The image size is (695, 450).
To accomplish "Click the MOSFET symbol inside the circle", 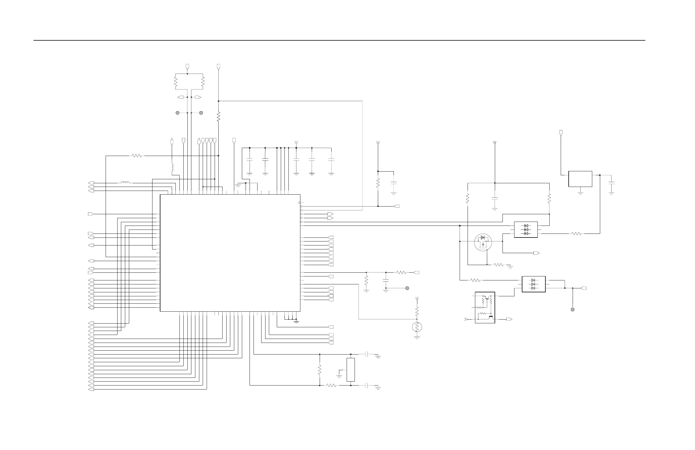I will pos(483,242).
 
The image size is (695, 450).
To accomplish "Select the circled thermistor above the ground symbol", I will pos(417,327).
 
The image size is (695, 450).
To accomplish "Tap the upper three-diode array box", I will pos(526,230).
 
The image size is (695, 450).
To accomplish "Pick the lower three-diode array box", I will pos(533,284).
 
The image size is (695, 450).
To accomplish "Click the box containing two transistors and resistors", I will pos(485,307).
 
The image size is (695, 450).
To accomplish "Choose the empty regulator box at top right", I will pos(580,179).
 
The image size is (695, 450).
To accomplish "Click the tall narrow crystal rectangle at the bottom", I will pos(351,370).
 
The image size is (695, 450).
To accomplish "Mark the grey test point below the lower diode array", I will pos(573,309).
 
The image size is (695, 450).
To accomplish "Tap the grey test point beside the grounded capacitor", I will pos(407,288).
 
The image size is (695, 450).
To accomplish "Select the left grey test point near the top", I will pos(177,113).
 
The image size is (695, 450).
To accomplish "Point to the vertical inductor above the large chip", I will pos(172,167).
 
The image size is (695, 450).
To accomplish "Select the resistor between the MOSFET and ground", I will pos(499,265).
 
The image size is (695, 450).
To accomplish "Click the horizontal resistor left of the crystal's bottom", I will pos(331,386).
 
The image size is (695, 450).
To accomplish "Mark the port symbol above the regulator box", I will pos(561,133).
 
